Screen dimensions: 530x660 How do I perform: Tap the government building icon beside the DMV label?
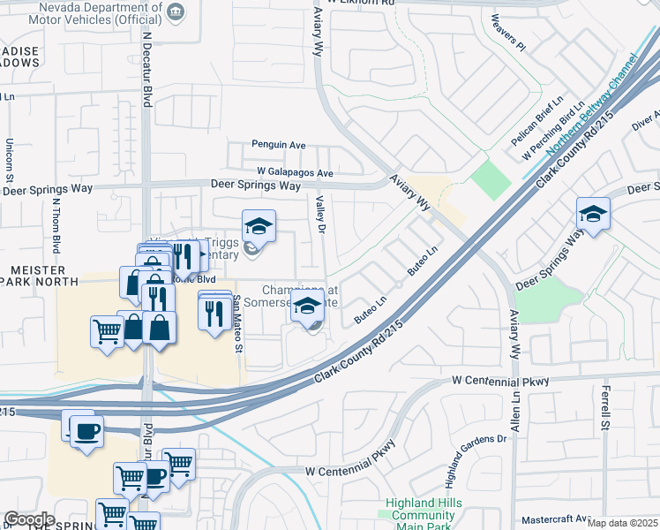point(176,11)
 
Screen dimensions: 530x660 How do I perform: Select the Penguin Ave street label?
point(278,145)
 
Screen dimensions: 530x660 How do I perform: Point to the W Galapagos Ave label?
point(295,172)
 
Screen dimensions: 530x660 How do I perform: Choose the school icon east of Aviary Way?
point(593,215)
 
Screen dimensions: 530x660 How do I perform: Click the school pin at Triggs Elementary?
point(259,227)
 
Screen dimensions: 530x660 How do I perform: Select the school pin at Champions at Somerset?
point(306,307)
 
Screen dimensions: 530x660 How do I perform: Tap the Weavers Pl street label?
point(508,33)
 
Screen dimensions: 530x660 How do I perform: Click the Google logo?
point(29,519)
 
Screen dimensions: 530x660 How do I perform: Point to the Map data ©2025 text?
point(622,524)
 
